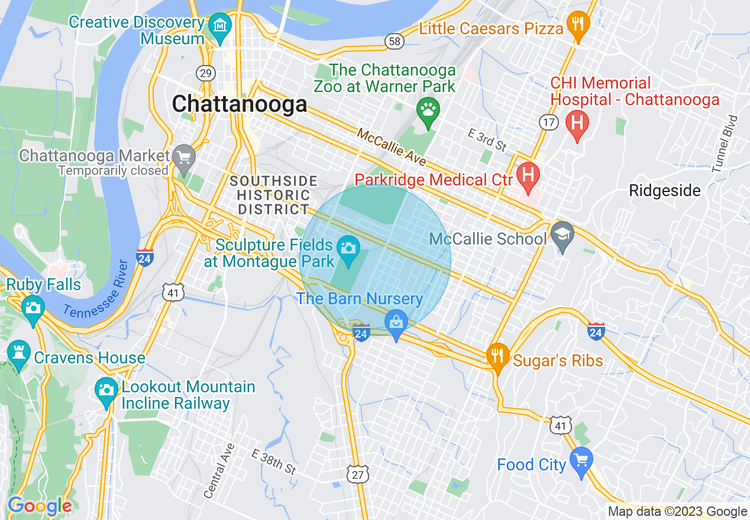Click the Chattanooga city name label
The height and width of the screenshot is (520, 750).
coord(240,104)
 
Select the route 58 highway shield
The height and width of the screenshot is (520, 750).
coord(394,41)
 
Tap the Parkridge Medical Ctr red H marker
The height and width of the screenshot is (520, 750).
coord(528,176)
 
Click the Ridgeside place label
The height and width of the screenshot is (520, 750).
coord(665,190)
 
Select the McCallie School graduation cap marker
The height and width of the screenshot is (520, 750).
coord(562,235)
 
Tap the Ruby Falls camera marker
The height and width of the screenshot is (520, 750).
coord(33,308)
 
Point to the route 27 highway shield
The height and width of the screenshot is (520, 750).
coord(357,474)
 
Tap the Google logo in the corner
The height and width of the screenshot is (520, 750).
coord(40,506)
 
